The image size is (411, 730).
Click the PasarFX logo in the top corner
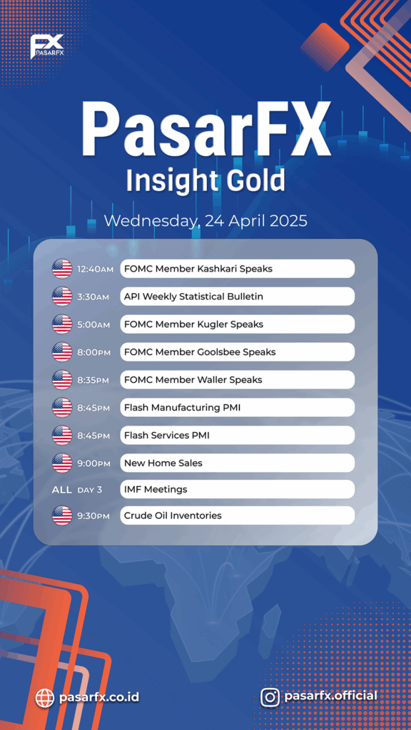pos(46,46)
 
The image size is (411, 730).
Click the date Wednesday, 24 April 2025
pos(205,221)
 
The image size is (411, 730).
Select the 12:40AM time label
pos(95,269)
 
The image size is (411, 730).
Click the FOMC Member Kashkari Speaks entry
pos(237,269)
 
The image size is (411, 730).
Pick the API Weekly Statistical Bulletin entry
pos(237,297)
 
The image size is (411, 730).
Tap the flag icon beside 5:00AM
pos(62,324)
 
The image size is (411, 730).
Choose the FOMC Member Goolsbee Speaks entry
pos(237,352)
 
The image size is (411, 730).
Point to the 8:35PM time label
pos(93,381)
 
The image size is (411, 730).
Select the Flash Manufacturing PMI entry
pos(237,408)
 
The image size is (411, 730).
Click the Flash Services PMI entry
pos(237,436)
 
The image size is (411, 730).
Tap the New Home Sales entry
pos(237,463)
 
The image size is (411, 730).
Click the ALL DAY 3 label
pos(77,490)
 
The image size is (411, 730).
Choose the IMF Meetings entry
pos(237,489)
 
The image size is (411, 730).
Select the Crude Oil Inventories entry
pos(237,515)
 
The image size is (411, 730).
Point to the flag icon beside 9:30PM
pos(62,516)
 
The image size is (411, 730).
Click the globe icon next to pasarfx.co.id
pos(45,697)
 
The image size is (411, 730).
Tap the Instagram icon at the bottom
pos(270,697)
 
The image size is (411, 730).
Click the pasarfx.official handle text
pos(330,696)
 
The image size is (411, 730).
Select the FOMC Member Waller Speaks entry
pos(237,380)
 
